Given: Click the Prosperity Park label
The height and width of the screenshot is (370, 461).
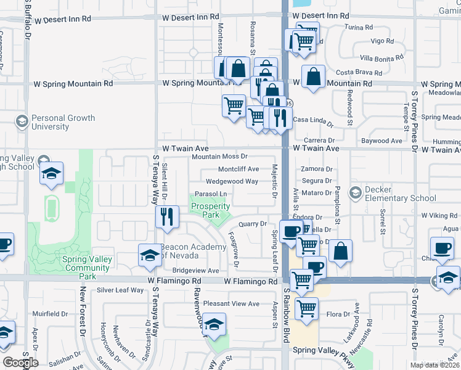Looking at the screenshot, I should tap(210, 210).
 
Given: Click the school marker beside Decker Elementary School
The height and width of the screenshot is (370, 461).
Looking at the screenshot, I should tap(354, 194).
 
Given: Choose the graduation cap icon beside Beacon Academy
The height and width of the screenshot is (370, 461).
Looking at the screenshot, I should tap(150, 255).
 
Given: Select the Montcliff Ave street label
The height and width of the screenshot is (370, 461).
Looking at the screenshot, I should tap(239, 169).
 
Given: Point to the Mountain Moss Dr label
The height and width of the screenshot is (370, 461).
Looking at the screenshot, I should tap(219, 157).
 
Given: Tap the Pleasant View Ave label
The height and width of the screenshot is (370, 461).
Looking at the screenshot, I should tap(232, 303).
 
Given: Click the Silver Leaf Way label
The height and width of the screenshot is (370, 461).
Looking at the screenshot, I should tap(120, 290).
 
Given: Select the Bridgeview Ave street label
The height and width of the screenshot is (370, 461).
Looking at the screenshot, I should tap(196, 270).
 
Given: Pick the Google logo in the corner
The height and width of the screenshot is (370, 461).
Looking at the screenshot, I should tap(20, 363).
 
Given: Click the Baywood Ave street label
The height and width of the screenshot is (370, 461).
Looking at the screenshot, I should tap(382, 141).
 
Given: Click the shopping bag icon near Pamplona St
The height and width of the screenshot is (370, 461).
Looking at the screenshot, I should tap(340, 250).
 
